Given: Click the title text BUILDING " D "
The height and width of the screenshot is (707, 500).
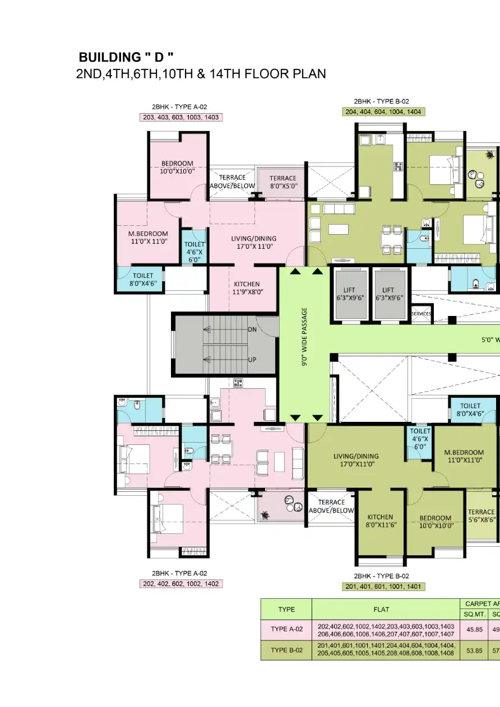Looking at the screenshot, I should [x=126, y=57].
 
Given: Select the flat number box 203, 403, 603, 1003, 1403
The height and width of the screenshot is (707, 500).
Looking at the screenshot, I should [x=180, y=117].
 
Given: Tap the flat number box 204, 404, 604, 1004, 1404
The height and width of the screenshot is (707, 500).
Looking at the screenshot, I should [x=383, y=111].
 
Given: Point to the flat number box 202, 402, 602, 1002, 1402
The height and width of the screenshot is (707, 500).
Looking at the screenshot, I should [x=180, y=583].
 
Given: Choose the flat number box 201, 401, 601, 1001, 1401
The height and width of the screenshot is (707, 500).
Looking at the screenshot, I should [x=383, y=587].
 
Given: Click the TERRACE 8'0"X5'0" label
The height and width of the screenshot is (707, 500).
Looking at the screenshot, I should [x=283, y=182].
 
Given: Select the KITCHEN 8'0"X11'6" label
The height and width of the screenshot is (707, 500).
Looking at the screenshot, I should [x=380, y=521].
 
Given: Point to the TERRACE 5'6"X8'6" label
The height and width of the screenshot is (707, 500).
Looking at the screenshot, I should [x=482, y=515].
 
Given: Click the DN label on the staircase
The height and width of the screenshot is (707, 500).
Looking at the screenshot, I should [x=252, y=330].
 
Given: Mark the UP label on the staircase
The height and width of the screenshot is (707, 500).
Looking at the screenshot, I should [x=252, y=360].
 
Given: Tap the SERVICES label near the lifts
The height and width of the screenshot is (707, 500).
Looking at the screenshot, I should [x=422, y=314].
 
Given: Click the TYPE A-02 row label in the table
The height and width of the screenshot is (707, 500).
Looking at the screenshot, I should [x=286, y=629].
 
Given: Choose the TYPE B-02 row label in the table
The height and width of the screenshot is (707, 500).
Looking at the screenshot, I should [x=286, y=650].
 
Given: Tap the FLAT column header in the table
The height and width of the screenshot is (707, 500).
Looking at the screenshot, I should [x=385, y=609].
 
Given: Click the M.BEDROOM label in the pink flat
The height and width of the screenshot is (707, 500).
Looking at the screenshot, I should [x=148, y=238].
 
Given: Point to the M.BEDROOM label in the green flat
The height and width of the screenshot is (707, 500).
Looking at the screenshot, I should [x=464, y=456].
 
